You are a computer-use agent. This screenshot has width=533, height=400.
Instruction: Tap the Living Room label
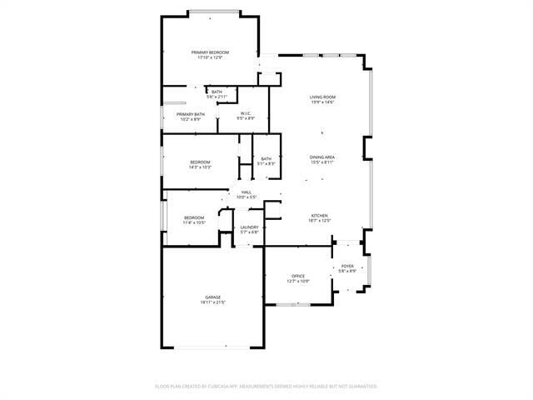(x=322, y=97)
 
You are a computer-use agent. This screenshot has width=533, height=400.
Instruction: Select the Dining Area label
(x=322, y=157)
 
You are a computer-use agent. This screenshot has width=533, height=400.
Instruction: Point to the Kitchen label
(x=321, y=216)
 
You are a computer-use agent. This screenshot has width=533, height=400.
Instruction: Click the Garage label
(x=213, y=297)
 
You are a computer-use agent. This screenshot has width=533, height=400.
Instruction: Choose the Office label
(x=298, y=276)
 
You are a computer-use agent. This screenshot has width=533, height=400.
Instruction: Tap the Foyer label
(x=347, y=266)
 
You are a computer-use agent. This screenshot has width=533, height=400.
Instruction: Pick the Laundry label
(x=250, y=227)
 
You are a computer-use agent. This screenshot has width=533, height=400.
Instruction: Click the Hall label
(x=247, y=192)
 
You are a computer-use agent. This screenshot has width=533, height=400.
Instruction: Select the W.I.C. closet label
(x=247, y=113)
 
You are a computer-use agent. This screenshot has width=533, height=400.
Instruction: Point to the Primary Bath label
(x=191, y=114)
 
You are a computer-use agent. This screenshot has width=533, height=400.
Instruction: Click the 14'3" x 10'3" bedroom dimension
(x=200, y=167)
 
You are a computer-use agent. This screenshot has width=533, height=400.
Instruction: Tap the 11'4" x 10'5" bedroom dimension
(x=194, y=222)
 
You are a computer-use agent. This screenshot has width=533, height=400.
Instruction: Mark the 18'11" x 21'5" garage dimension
(x=213, y=302)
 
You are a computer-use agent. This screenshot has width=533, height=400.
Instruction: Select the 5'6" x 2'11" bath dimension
(x=217, y=97)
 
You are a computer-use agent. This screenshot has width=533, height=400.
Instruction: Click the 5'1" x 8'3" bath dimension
(x=266, y=163)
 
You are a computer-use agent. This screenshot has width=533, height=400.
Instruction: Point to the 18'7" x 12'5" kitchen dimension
(x=321, y=221)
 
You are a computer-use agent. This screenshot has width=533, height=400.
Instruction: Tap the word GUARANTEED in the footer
(x=361, y=386)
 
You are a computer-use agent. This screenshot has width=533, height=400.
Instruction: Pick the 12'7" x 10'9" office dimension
(x=298, y=281)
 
